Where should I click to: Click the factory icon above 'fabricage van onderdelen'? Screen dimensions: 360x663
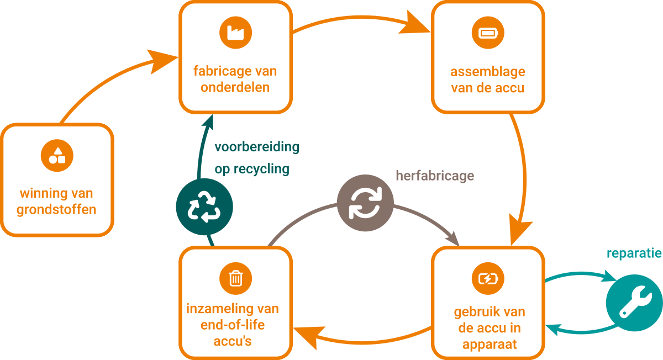click(235, 33)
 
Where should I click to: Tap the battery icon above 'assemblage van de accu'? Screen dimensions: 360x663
click(488, 33)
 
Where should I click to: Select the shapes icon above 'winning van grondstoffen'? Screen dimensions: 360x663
click(57, 155)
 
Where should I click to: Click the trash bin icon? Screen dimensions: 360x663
click(235, 278)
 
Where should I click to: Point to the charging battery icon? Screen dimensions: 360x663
click(488, 278)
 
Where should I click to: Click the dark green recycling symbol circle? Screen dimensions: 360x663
click(204, 207)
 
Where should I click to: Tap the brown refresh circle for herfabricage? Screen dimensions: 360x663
click(365, 203)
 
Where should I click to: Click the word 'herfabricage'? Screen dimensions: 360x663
click(435, 176)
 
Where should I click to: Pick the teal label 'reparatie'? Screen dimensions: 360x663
click(634, 253)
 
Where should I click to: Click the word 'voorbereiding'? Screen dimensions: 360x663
click(257, 147)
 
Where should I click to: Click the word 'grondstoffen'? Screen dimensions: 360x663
click(56, 210)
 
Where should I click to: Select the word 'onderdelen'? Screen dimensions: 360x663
click(235, 87)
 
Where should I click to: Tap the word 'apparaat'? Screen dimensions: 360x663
click(488, 344)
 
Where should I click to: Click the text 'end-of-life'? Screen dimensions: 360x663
click(233, 325)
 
